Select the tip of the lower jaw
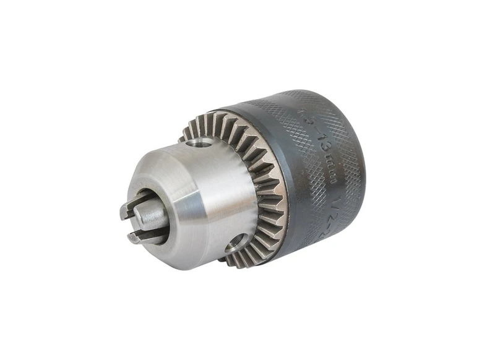(134, 238)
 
